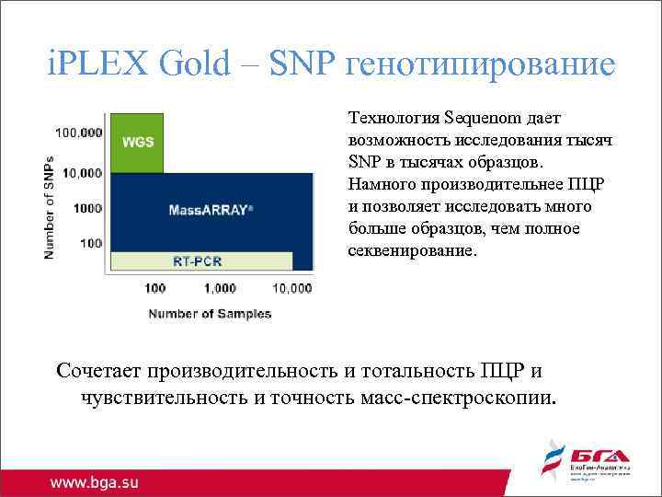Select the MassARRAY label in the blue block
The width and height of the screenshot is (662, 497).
(211, 209)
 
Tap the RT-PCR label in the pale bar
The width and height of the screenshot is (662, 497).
(198, 260)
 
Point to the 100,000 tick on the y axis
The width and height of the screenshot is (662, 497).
(80, 133)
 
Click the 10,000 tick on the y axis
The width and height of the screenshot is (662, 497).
(83, 172)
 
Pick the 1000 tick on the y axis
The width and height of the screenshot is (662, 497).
(87, 208)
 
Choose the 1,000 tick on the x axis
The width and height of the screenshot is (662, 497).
(221, 288)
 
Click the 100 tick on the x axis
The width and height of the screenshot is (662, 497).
(155, 288)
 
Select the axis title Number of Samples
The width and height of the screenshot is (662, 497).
(210, 314)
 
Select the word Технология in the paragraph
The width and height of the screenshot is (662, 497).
(393, 118)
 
